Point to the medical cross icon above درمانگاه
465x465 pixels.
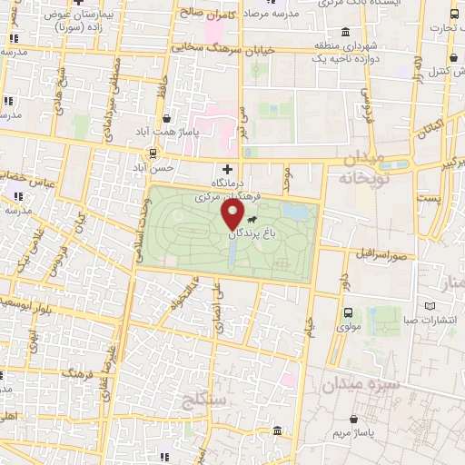click(x=228, y=169)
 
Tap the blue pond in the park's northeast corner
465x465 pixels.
click(x=294, y=213)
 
